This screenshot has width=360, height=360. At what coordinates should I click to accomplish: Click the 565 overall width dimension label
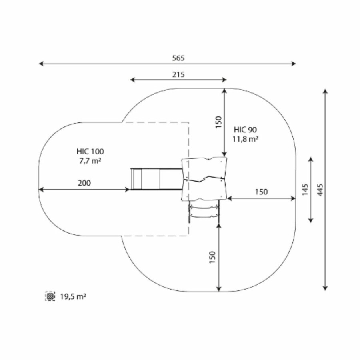point(178,58)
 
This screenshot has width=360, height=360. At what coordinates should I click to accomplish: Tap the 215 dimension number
point(178,74)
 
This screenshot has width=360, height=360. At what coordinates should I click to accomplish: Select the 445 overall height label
point(320,190)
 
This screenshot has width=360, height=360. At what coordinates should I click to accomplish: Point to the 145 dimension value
point(305,190)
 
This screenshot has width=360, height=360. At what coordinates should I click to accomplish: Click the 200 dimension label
point(84,183)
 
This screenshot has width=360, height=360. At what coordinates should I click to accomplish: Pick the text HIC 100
point(90,151)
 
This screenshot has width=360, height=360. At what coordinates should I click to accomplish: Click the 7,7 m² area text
point(90,161)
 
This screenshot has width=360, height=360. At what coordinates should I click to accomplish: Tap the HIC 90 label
point(245,130)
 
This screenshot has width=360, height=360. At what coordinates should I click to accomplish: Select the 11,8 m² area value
point(245,139)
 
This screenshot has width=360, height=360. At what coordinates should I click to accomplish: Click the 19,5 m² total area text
point(73,296)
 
